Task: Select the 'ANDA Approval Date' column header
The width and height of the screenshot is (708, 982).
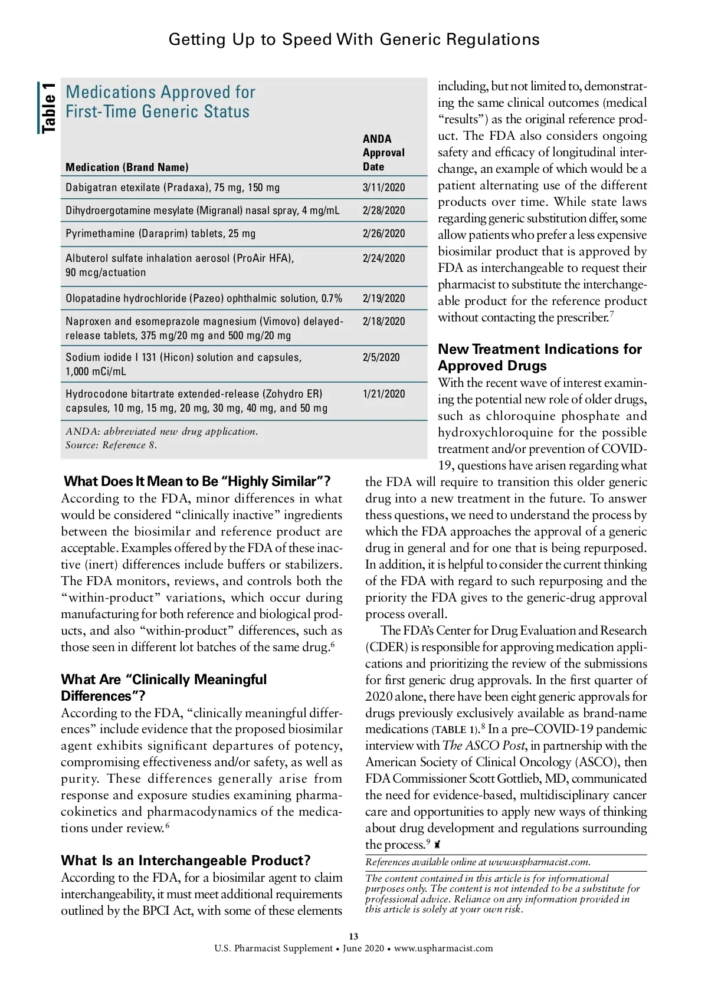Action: pyautogui.click(x=383, y=153)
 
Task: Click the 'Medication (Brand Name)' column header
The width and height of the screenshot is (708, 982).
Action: pyautogui.click(x=127, y=167)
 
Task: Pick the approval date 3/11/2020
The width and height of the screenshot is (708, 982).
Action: pyautogui.click(x=383, y=188)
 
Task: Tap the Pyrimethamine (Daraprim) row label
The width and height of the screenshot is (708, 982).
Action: pyautogui.click(x=160, y=234)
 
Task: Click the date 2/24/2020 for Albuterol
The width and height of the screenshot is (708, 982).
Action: pyautogui.click(x=383, y=258)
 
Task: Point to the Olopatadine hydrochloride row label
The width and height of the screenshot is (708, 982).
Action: pyautogui.click(x=204, y=298)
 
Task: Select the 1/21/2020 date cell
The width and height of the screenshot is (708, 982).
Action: pyautogui.click(x=383, y=394)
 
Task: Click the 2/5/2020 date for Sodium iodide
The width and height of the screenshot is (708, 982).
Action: pyautogui.click(x=381, y=357)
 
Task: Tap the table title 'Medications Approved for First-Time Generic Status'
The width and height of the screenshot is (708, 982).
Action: pyautogui.click(x=160, y=101)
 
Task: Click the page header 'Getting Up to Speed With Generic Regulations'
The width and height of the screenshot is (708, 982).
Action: pyautogui.click(x=354, y=40)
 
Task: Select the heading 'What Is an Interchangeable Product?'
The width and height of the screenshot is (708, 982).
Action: pyautogui.click(x=186, y=860)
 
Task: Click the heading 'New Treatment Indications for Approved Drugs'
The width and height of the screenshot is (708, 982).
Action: pyautogui.click(x=539, y=357)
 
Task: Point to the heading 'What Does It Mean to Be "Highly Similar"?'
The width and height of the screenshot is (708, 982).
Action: pyautogui.click(x=197, y=481)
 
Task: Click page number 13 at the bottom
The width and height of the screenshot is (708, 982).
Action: pyautogui.click(x=353, y=936)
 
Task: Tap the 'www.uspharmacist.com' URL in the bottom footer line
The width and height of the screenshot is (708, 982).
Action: pyautogui.click(x=443, y=948)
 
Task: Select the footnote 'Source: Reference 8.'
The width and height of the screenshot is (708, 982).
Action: pyautogui.click(x=112, y=445)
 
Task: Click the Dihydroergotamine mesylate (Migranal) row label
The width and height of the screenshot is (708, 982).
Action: pyautogui.click(x=202, y=211)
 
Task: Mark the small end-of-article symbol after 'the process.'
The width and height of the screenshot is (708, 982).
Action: pyautogui.click(x=437, y=845)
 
